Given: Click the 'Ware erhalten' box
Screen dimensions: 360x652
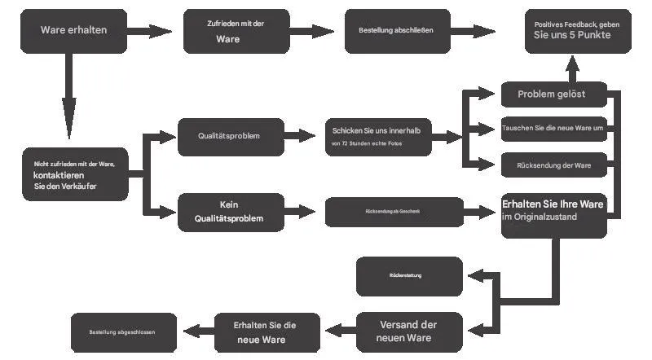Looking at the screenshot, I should (73, 31).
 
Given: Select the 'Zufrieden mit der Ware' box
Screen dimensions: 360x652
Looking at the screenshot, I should (235, 31).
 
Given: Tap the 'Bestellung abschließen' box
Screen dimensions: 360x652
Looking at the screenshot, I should (397, 31).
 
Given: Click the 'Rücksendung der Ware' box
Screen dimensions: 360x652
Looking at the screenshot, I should (553, 165).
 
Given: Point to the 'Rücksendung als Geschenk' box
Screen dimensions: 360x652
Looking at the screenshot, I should (394, 212).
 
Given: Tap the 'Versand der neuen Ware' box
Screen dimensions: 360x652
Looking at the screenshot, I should (410, 331).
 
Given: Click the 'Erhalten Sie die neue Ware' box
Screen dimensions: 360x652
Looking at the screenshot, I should (266, 331).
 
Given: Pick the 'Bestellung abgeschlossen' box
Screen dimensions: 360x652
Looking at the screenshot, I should (123, 332).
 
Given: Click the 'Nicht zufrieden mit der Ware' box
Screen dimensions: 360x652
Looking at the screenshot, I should (75, 175).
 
